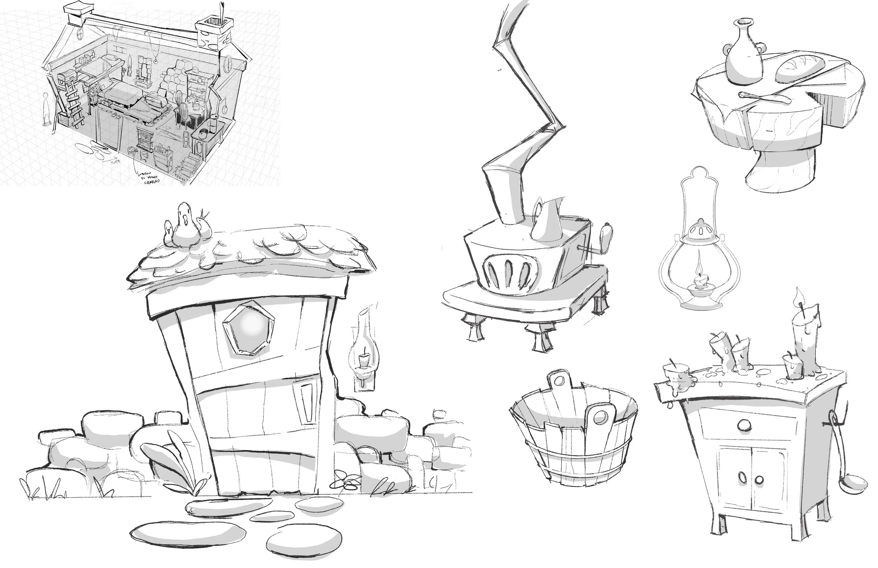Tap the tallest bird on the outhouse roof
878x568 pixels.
click(185, 225)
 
